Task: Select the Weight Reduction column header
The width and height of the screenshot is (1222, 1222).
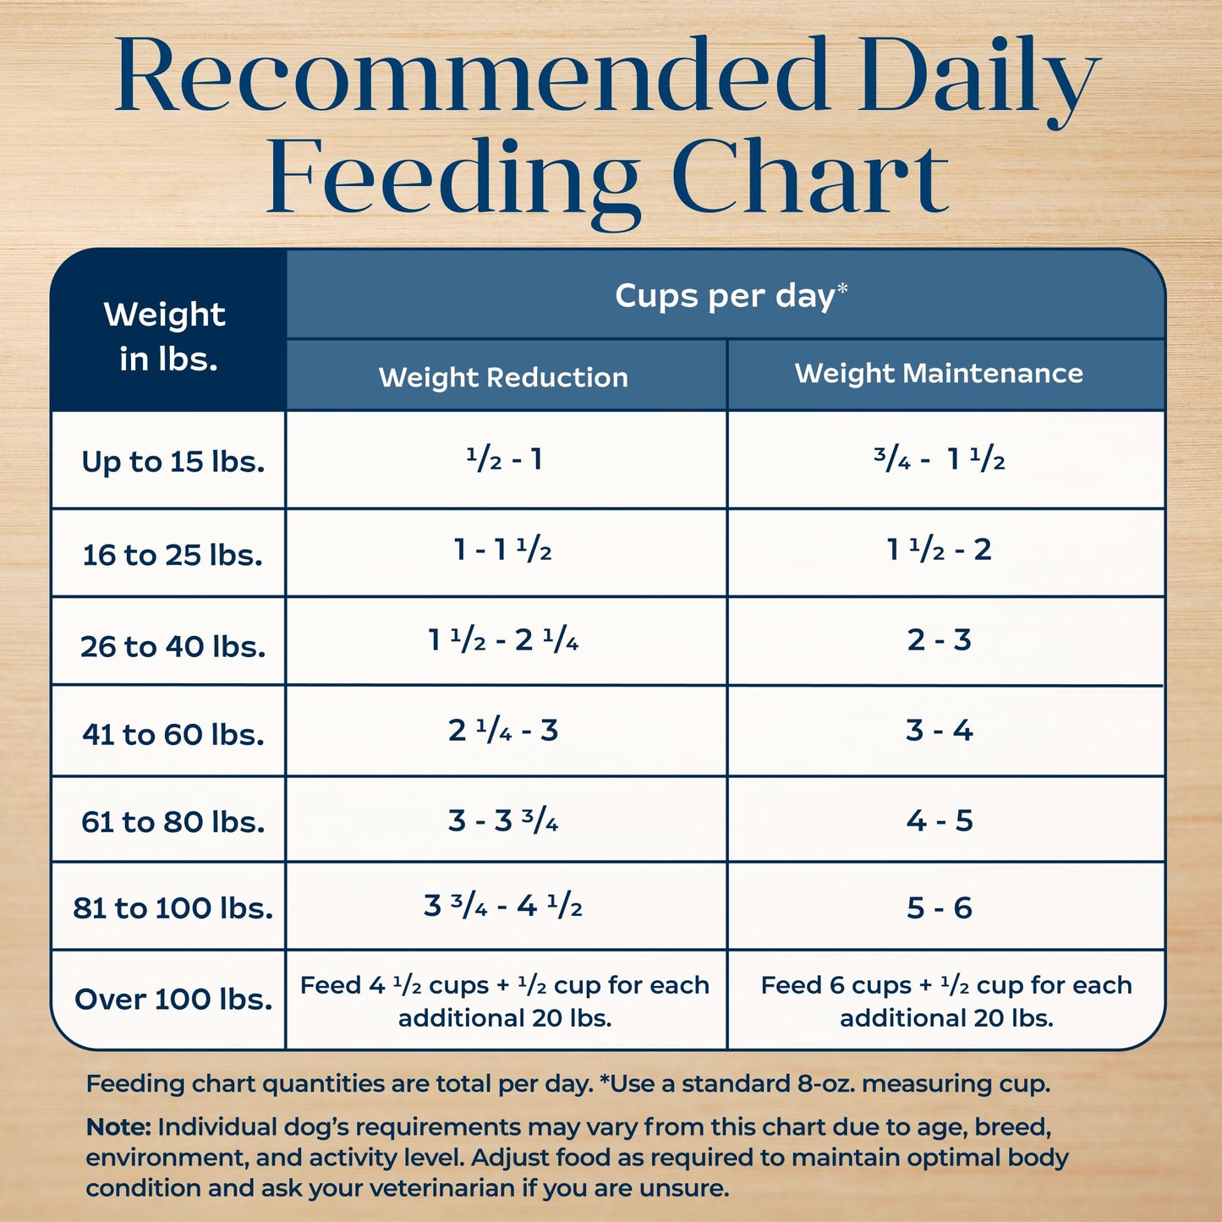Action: coord(503,377)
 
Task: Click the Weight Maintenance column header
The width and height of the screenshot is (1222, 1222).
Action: coord(939,374)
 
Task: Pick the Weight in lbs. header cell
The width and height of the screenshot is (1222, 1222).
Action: coord(167,337)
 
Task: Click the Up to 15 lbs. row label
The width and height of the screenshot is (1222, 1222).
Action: coord(173,462)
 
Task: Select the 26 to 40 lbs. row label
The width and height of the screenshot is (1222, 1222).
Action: coord(173,647)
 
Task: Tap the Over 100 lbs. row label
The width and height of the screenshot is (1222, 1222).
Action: coord(173,1000)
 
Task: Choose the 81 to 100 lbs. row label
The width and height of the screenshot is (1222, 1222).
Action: coord(173,908)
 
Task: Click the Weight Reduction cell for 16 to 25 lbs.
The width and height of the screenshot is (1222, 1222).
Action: coord(503,551)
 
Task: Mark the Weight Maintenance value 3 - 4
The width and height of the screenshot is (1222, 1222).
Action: coord(939,731)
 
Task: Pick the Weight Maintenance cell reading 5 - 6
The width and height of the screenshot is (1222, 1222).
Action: coord(939,908)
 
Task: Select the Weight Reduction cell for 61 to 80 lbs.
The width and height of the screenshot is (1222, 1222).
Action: coord(503,820)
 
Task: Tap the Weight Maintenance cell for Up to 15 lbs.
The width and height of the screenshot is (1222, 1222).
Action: coord(939,460)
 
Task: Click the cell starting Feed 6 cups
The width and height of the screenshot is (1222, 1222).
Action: coord(945,1001)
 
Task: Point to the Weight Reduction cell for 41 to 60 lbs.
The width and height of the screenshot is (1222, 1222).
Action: coord(503,731)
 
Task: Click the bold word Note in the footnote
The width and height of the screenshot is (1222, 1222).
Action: coord(118,1127)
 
